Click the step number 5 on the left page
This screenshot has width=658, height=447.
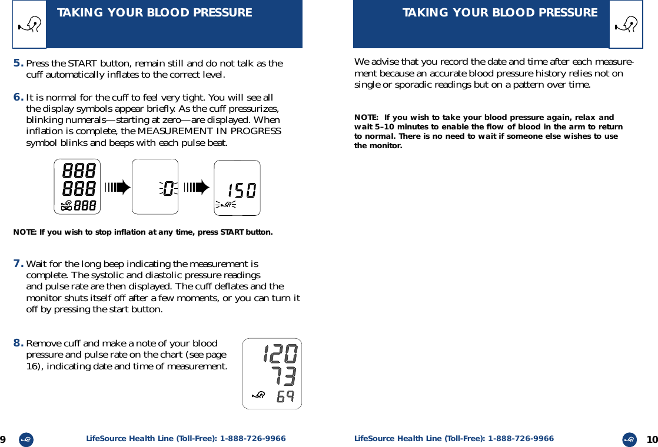(x=19, y=63)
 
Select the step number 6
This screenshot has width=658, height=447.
(x=19, y=97)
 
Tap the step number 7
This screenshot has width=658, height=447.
(x=19, y=263)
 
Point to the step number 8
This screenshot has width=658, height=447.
(x=19, y=343)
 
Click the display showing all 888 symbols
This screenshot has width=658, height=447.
(x=77, y=187)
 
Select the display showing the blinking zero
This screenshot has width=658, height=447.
(x=155, y=187)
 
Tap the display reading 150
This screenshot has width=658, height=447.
(x=237, y=188)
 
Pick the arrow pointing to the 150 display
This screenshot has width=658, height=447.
(x=196, y=188)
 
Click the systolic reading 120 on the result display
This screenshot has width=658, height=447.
(x=280, y=354)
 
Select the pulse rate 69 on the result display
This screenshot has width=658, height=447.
(x=285, y=396)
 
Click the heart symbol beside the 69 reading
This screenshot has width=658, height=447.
(x=257, y=395)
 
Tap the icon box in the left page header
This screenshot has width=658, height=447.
(x=29, y=24)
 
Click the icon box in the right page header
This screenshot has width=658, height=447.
(x=626, y=24)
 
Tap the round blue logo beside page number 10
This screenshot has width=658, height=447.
(x=630, y=439)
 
